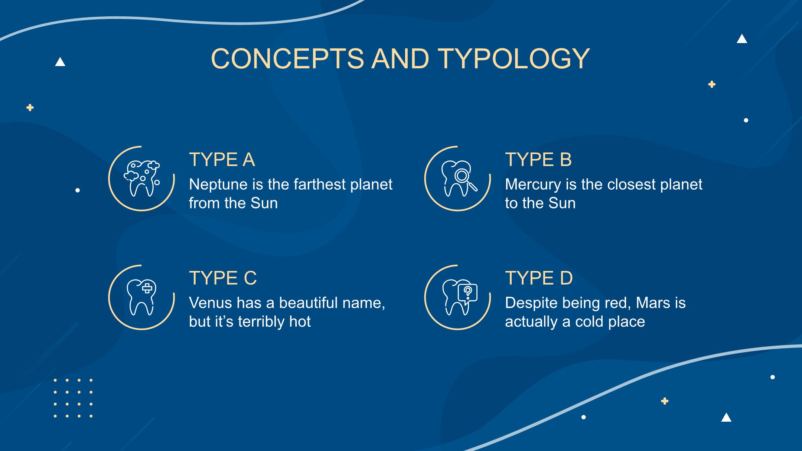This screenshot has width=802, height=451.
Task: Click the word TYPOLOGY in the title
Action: (514, 59)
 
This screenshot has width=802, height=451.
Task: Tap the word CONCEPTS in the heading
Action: (287, 59)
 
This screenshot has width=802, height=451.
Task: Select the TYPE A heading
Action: (222, 160)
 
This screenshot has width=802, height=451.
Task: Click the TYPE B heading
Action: (538, 160)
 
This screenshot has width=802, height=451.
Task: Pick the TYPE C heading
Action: (223, 278)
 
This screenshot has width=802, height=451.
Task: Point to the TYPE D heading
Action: (539, 278)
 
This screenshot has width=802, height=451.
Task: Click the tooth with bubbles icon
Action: (141, 179)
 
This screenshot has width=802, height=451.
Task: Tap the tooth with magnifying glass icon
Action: (459, 179)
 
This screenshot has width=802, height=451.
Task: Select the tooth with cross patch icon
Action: (141, 297)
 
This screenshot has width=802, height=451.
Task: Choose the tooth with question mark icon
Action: (459, 297)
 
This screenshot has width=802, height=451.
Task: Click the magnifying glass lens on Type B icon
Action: (462, 175)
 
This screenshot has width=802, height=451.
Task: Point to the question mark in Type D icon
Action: (467, 292)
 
